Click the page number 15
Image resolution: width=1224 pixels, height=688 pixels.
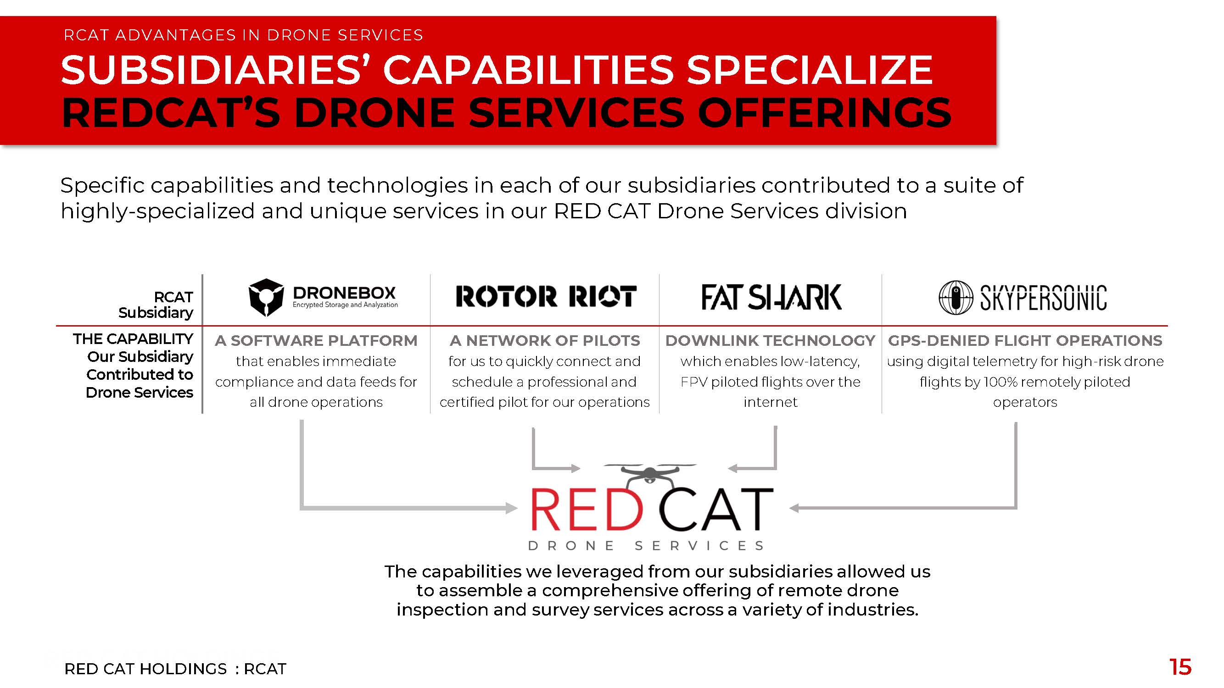pos(1180,667)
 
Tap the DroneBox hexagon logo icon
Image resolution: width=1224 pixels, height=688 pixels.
pos(266,298)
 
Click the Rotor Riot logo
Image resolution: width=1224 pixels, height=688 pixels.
pos(546,296)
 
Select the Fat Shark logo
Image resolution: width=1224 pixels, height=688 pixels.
pos(771,297)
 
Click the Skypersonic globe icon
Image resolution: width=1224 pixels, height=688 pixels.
pos(956,298)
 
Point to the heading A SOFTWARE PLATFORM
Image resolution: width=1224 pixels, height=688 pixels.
pos(316,340)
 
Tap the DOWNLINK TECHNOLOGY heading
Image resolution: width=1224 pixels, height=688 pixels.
pos(770,340)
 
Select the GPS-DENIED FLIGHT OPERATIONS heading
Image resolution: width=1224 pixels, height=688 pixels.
pos(1025,340)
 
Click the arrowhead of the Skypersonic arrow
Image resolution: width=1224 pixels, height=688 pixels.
pos(795,508)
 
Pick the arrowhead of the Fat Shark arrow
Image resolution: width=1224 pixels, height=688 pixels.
pos(734,468)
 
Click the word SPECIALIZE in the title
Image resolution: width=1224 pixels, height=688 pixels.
pos(810,70)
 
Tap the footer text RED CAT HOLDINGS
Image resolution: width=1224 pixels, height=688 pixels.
pos(145,669)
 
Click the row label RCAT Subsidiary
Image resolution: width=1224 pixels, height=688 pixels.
pos(156,305)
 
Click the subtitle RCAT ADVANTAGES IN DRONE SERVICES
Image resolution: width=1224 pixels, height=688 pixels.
pos(243,35)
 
